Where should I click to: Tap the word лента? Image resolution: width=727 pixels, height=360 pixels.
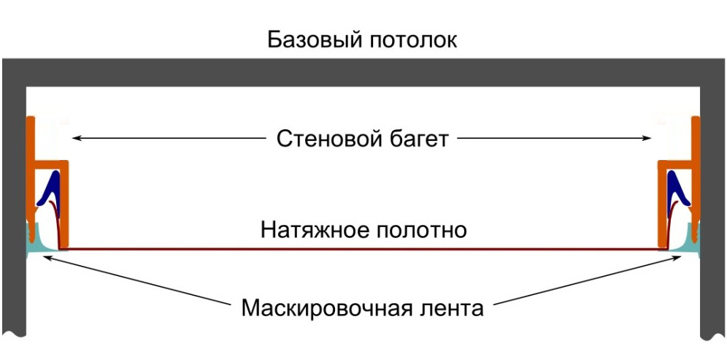(453, 307)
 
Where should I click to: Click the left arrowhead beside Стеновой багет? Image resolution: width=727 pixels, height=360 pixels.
(75, 137)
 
